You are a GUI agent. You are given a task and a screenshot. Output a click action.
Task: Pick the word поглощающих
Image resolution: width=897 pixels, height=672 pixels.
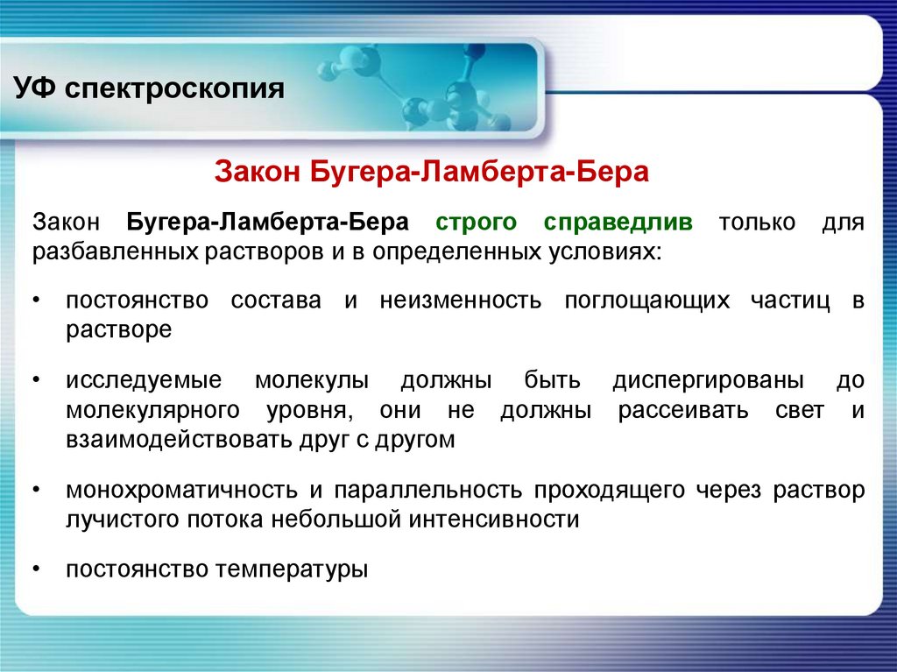click(647, 301)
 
